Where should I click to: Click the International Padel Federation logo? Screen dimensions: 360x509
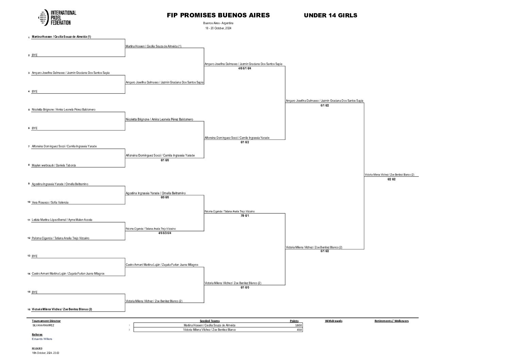(57, 18)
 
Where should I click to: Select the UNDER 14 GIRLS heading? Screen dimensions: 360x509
(330, 15)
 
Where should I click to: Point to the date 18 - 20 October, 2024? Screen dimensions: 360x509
(218, 28)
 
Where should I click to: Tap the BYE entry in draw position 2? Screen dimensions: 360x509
(35, 55)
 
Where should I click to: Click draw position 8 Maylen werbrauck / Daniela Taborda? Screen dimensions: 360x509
(54, 165)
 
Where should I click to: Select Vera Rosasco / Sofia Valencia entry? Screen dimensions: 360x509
(50, 202)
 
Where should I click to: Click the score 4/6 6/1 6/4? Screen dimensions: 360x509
(244, 68)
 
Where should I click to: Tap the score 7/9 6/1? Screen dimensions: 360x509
(244, 216)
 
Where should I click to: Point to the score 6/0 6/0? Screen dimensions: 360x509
(165, 197)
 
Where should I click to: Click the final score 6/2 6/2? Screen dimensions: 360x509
(391, 179)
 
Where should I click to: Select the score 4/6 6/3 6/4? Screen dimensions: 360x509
(165, 233)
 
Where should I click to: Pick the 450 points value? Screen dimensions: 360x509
(299, 330)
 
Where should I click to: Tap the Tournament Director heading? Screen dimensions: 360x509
(46, 321)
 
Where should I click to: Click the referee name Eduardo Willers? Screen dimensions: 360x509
(42, 339)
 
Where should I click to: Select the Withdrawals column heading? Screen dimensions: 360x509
(334, 321)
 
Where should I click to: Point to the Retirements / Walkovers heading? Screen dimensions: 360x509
(391, 321)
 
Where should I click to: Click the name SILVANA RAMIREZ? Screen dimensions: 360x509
(43, 325)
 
